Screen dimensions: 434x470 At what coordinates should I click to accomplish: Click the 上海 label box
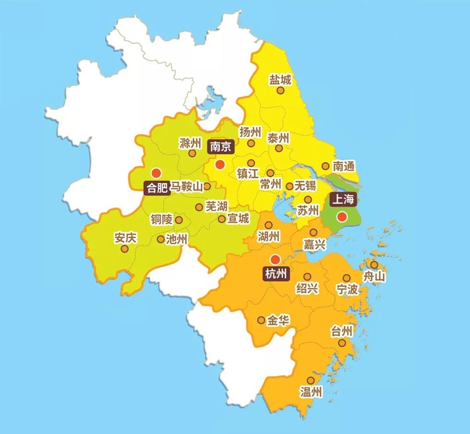pyautogui.click(x=342, y=199)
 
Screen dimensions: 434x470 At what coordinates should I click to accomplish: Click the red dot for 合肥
pyautogui.click(x=155, y=173)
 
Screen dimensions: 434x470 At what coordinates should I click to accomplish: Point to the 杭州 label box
pyautogui.click(x=276, y=274)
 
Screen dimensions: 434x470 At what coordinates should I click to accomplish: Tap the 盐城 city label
pyautogui.click(x=280, y=80)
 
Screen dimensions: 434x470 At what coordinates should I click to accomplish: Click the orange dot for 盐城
pyautogui.click(x=280, y=90)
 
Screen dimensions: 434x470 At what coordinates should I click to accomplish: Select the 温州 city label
pyautogui.click(x=311, y=391)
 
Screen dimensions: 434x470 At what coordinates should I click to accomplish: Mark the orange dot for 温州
pyautogui.click(x=310, y=380)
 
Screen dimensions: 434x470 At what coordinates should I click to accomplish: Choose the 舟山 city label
pyautogui.click(x=375, y=276)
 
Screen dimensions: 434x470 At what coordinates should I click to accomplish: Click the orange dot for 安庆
pyautogui.click(x=124, y=249)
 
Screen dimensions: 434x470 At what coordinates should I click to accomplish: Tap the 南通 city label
pyautogui.click(x=344, y=167)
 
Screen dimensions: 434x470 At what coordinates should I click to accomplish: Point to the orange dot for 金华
pyautogui.click(x=261, y=320)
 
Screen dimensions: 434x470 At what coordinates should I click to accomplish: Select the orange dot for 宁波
pyautogui.click(x=346, y=278)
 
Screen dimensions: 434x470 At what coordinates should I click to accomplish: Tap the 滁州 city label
pyautogui.click(x=190, y=143)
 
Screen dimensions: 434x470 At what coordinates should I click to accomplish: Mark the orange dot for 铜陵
pyautogui.click(x=179, y=220)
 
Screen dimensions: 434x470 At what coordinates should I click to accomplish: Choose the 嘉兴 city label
pyautogui.click(x=314, y=244)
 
